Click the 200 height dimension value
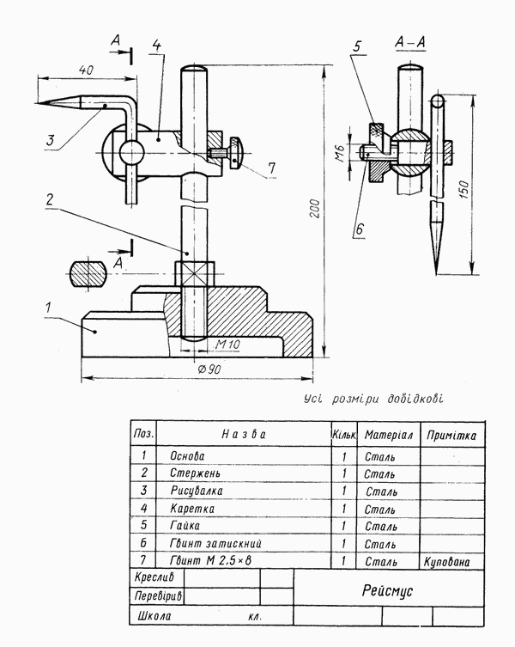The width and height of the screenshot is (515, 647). tap(315, 209)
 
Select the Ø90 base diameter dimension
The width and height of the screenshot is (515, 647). tap(209, 369)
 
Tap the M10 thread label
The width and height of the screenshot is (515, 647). tap(227, 344)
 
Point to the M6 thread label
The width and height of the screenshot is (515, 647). tap(340, 153)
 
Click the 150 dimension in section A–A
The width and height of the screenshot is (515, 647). tap(463, 189)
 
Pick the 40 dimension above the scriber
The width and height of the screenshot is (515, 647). tap(86, 70)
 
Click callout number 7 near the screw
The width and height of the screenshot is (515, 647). tap(271, 168)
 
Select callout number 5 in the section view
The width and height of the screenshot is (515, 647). tap(357, 46)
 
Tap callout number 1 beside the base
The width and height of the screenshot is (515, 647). tap(49, 308)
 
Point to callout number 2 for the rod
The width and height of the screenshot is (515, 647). tap(50, 200)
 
